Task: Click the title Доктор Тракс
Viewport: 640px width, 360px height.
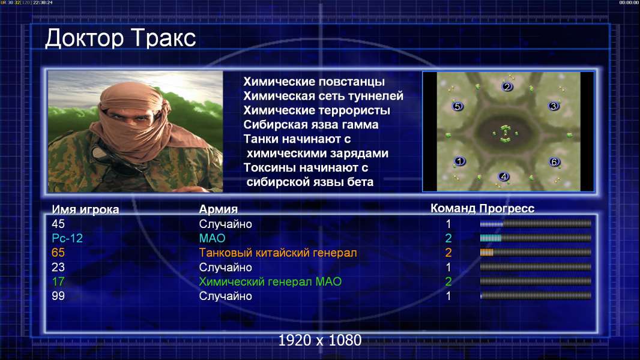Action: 121,39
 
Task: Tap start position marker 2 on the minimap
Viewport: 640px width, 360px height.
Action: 507,86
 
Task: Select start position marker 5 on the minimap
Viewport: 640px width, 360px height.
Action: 457,106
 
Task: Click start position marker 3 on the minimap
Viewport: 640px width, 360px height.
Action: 554,106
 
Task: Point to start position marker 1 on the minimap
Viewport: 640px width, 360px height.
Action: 460,161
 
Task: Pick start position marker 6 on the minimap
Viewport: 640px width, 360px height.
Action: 554,162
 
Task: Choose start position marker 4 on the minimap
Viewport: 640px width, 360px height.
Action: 504,176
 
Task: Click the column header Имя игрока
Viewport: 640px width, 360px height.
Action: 85,209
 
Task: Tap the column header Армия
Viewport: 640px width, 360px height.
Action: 219,209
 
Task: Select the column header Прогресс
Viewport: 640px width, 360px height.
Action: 507,208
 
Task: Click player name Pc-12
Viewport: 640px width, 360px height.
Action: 67,238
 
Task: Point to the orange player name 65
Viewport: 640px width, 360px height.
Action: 58,253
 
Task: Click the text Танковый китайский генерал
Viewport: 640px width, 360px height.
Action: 278,253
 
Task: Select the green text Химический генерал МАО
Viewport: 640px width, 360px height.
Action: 270,281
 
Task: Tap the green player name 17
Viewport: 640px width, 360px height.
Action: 58,281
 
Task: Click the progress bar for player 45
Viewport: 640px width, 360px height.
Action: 536,223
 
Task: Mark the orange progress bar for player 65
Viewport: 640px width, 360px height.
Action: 536,253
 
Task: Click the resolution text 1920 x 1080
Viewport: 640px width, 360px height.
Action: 320,340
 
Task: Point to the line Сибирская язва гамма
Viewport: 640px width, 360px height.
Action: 311,125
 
